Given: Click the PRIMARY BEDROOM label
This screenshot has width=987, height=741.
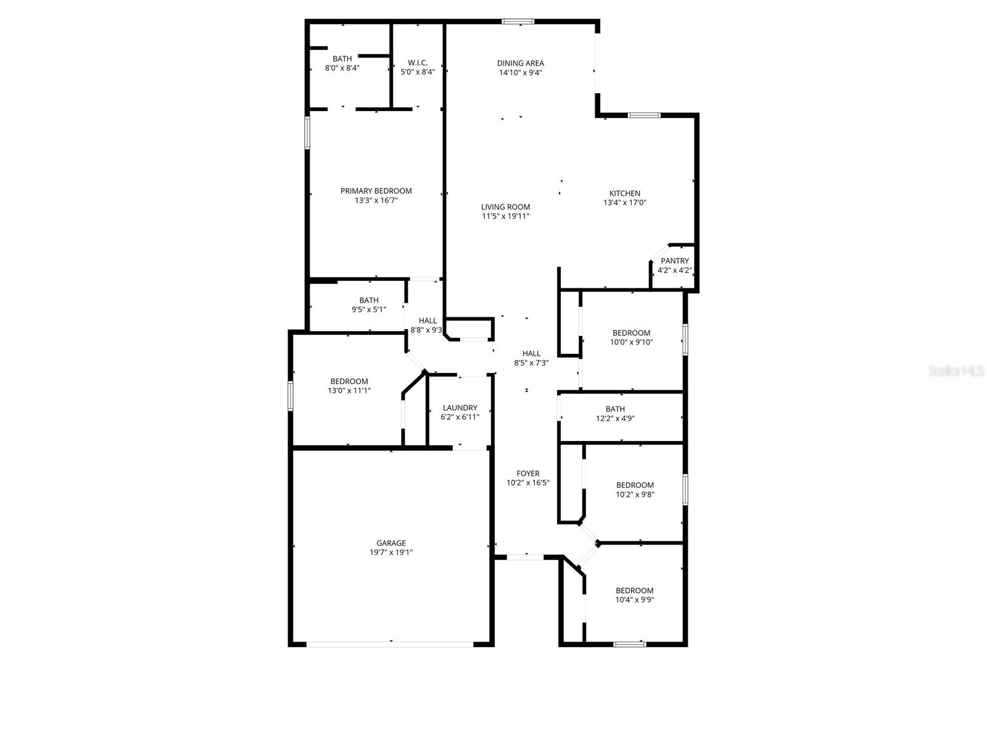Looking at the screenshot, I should (x=376, y=191).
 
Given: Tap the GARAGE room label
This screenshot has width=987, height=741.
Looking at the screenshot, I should (x=391, y=543).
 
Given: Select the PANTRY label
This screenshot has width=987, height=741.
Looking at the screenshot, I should (x=675, y=261).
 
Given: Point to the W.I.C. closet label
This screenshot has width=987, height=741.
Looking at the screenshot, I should (x=418, y=62).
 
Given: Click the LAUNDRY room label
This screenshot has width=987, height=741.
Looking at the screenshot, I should (x=460, y=408).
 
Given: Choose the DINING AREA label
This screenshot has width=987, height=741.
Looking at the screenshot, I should (x=521, y=63).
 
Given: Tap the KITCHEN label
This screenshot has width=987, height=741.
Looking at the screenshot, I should (x=625, y=193).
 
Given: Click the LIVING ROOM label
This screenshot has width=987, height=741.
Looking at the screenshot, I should (x=505, y=207).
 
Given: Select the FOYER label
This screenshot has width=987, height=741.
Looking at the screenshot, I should (x=528, y=474).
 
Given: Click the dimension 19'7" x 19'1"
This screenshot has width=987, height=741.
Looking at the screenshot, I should (x=391, y=553).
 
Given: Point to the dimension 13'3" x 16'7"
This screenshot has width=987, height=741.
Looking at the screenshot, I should (x=376, y=200).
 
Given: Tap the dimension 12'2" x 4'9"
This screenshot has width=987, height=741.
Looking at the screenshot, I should (x=615, y=418).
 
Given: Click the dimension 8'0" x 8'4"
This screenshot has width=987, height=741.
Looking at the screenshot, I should (x=342, y=68).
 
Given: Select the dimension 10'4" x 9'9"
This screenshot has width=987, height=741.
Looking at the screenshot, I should (x=634, y=600).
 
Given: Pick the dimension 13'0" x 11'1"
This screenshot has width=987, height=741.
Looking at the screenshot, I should (x=349, y=390).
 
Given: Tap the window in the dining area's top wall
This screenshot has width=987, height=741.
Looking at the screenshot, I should (x=518, y=22).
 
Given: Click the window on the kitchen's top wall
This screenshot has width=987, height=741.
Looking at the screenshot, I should (x=644, y=115).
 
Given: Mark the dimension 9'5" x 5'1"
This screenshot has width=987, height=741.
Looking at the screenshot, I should (x=369, y=309).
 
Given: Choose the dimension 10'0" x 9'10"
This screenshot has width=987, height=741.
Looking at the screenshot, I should (x=631, y=342).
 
